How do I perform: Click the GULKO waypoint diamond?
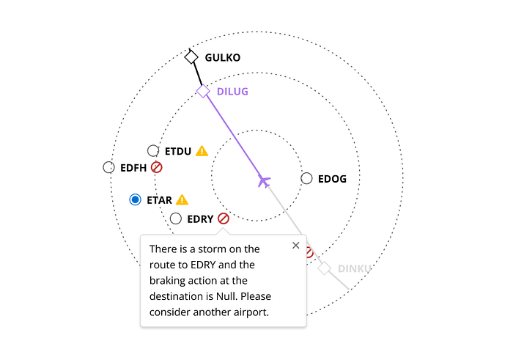coord(191,57)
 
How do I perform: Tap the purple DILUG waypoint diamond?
coord(203,91)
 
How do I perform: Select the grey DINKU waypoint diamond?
coord(325,268)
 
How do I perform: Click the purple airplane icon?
coord(264,180)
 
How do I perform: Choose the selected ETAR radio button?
coord(135,199)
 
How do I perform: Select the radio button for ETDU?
coord(153,151)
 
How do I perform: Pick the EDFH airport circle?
coord(108,167)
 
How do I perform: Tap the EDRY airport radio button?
coord(176,218)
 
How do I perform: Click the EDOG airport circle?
coord(306,178)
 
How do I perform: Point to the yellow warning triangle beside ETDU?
coord(202,151)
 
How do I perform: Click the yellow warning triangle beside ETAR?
coord(182,199)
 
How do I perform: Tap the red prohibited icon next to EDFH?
coord(156,167)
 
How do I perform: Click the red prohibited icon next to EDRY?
coord(224,218)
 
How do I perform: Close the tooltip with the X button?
coord(295,246)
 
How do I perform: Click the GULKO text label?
coord(223,57)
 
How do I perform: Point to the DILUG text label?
coord(232,92)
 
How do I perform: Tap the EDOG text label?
coord(332,179)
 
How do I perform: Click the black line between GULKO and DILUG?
coord(197,75)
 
